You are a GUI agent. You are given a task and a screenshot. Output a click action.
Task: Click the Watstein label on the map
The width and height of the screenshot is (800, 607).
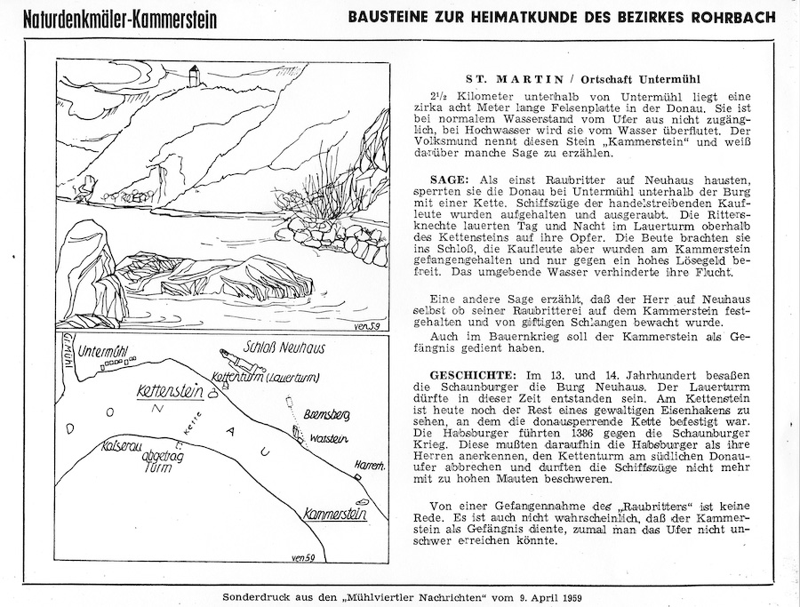[x=328, y=438]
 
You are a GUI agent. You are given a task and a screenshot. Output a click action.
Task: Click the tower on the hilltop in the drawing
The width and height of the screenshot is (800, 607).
[x=193, y=76]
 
